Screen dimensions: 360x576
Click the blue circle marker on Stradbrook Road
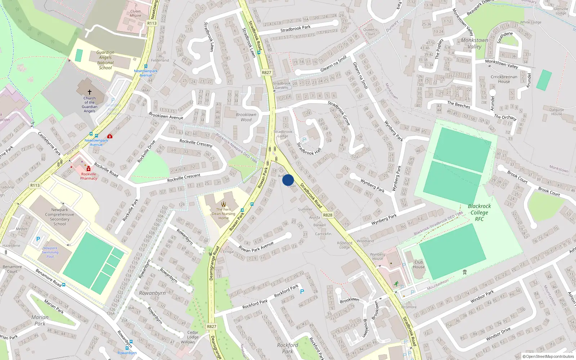click(288, 180)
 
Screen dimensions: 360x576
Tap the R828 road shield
click(328, 215)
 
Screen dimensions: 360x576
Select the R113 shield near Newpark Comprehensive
click(35, 185)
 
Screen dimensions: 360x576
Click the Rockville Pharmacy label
click(89, 176)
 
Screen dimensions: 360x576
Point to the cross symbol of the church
click(90, 92)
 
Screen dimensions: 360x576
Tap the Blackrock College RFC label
click(479, 212)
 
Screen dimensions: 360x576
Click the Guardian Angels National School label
click(105, 60)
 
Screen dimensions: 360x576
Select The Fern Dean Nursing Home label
click(224, 214)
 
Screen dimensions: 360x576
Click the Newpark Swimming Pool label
click(50, 252)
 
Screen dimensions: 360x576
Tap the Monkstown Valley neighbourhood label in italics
click(474, 43)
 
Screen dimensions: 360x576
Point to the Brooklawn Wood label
click(246, 117)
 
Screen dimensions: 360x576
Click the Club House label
click(419, 264)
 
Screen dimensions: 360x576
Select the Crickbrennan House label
click(504, 79)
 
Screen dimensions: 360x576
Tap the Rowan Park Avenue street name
click(256, 247)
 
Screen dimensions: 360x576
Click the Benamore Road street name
click(48, 278)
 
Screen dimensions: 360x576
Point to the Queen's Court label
click(370, 32)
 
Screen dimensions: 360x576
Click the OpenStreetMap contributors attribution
click(548, 357)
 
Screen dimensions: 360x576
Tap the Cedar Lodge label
click(193, 335)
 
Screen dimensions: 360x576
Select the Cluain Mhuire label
click(135, 13)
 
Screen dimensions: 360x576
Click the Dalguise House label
click(557, 112)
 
